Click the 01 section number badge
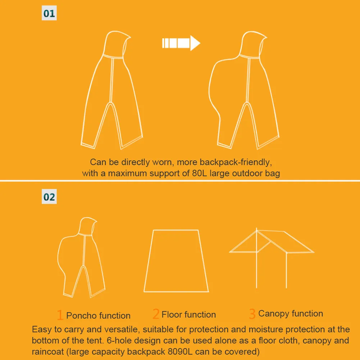[x=49, y=13]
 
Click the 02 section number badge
[x=49, y=196]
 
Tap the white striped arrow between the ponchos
[x=181, y=43]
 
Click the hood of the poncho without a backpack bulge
[x=117, y=44]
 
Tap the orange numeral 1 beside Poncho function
[x=60, y=315]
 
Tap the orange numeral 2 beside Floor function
[x=156, y=314]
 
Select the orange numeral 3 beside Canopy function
[x=252, y=314]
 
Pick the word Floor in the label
[x=171, y=314]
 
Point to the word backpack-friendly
[x=236, y=162]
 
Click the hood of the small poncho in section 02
[x=88, y=226]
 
